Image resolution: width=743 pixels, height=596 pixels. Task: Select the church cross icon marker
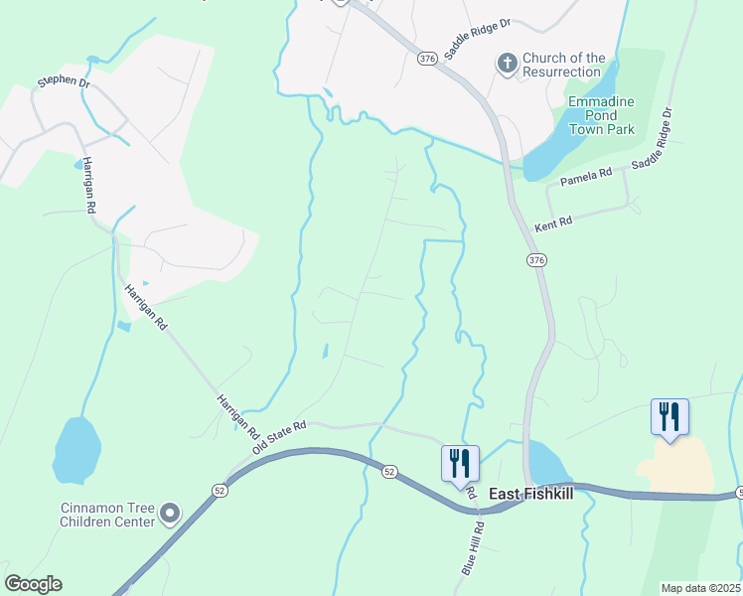click(506, 65)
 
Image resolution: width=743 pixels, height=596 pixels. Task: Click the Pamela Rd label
click(586, 176)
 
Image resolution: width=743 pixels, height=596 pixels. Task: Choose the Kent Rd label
click(554, 224)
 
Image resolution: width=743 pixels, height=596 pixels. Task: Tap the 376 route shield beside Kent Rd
click(536, 260)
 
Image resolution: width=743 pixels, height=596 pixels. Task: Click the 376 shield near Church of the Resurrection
click(427, 59)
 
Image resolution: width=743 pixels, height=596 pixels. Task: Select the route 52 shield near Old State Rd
click(219, 490)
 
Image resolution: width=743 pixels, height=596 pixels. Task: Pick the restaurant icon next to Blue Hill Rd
click(460, 463)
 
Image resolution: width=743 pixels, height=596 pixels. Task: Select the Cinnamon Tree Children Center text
click(107, 514)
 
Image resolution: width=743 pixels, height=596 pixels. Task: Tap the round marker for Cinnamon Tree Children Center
click(170, 514)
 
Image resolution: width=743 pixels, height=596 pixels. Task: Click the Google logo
click(33, 584)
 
